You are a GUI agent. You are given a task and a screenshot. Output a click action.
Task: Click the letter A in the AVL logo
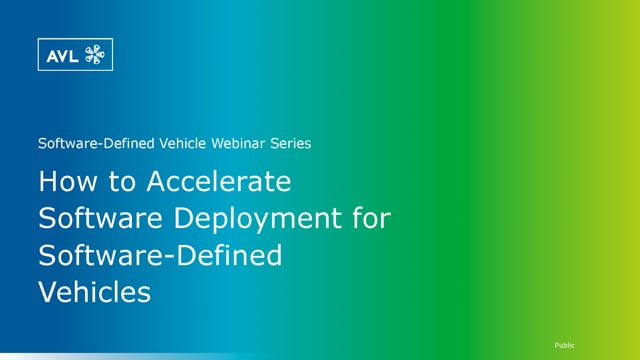(51, 55)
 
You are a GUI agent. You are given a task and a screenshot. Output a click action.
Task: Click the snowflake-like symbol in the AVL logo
(95, 55)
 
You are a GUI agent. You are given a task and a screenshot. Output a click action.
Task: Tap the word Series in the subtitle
(288, 143)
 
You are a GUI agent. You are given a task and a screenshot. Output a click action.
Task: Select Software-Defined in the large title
(160, 256)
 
